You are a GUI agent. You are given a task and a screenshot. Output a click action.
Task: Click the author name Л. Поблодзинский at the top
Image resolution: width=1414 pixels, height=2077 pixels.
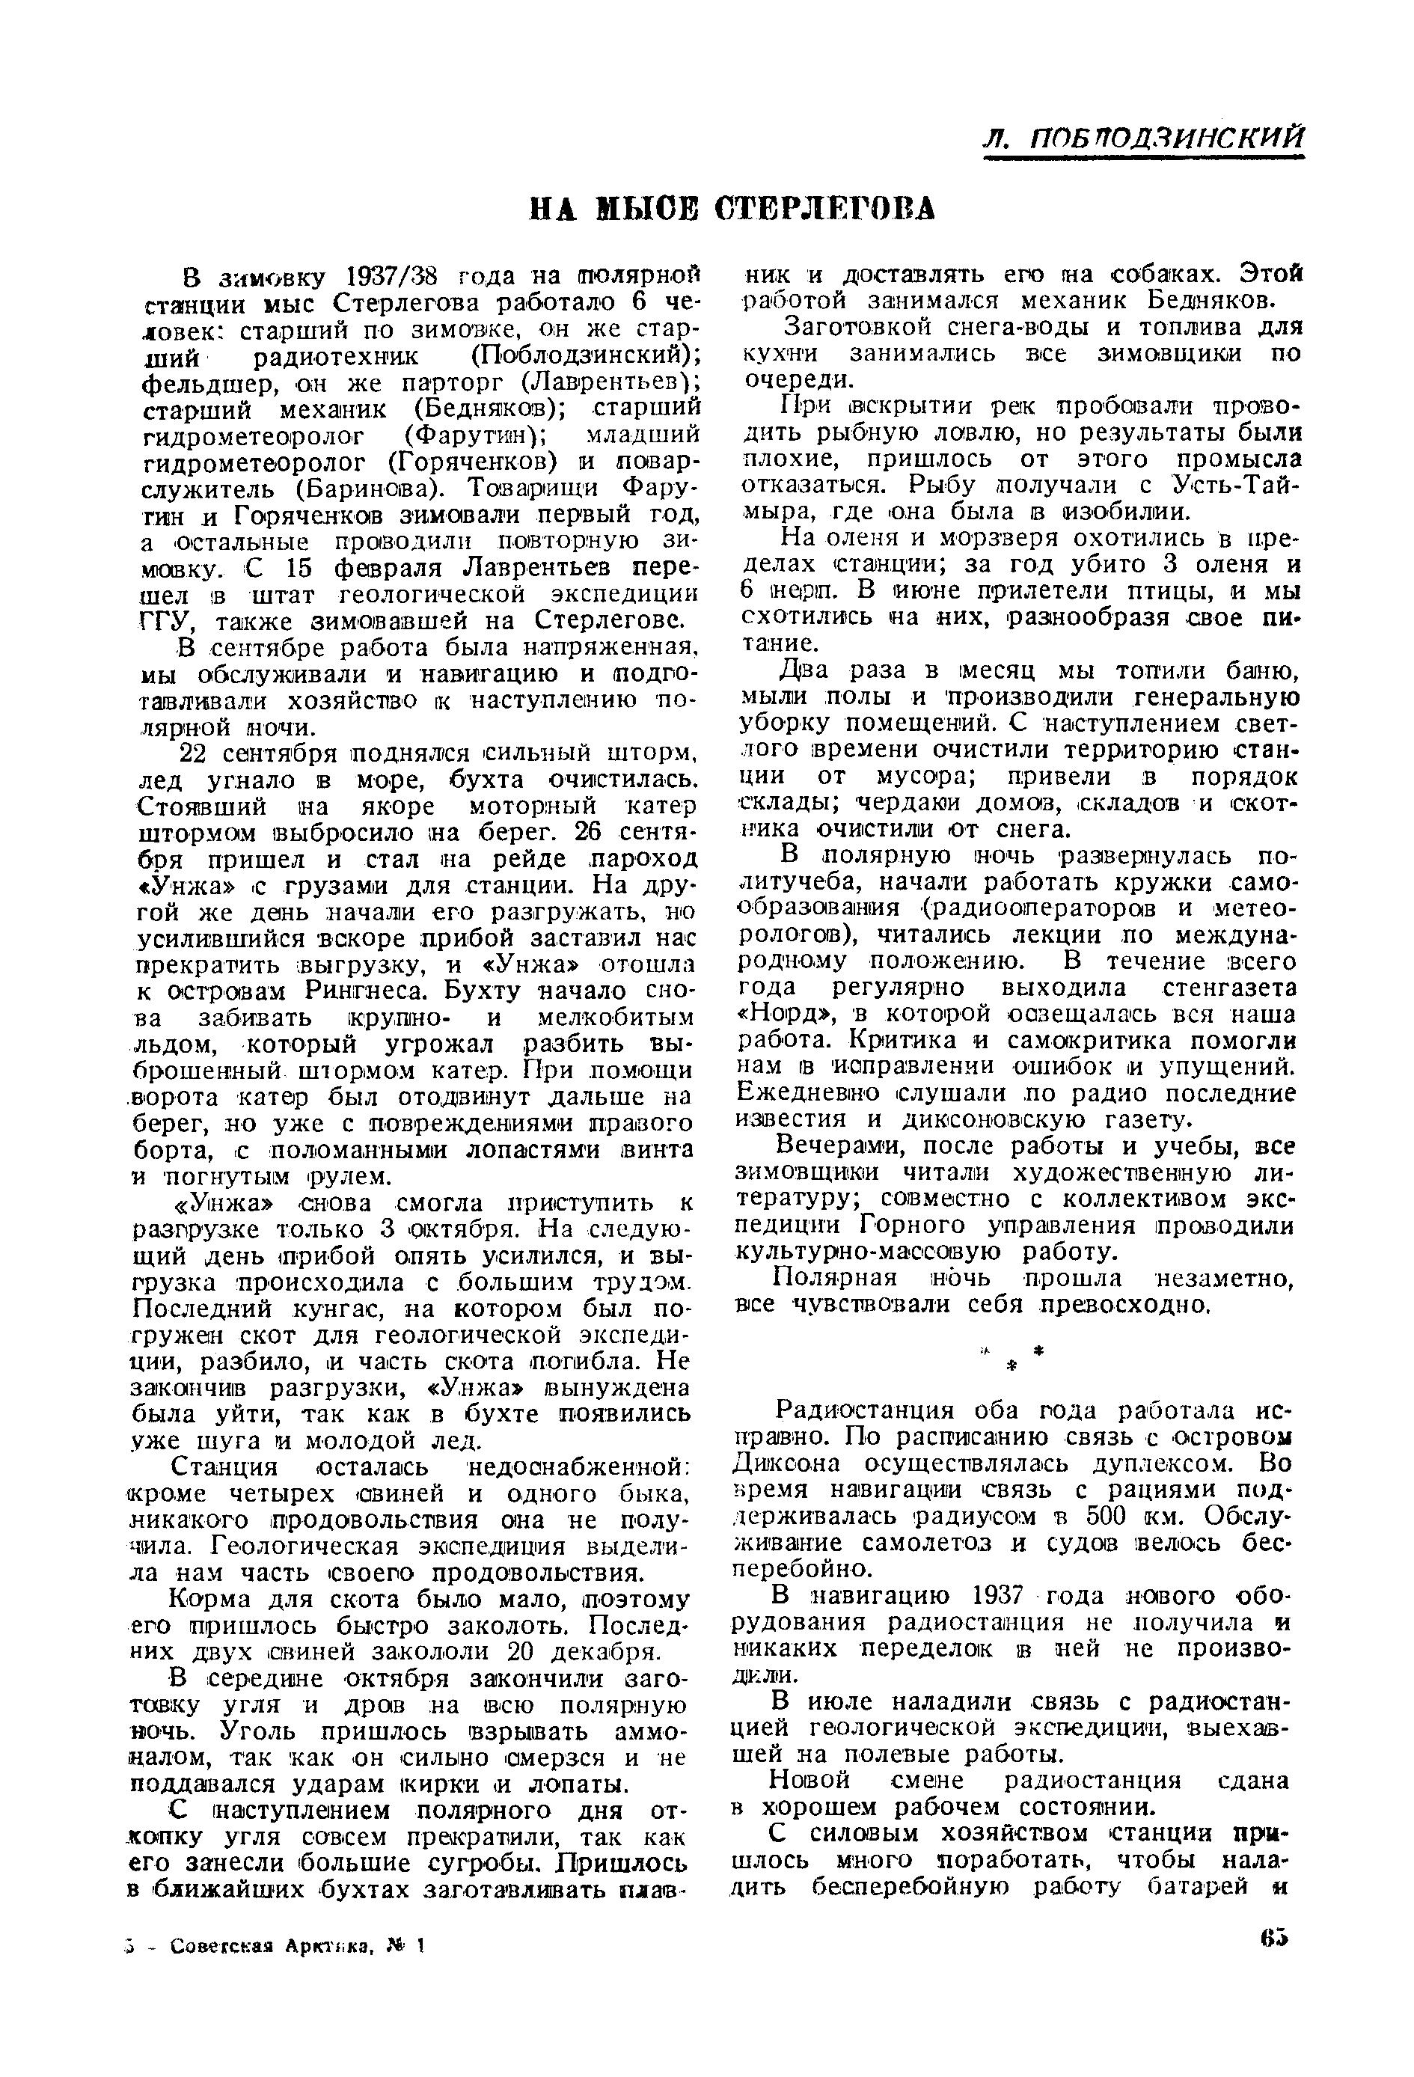[1143, 138]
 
